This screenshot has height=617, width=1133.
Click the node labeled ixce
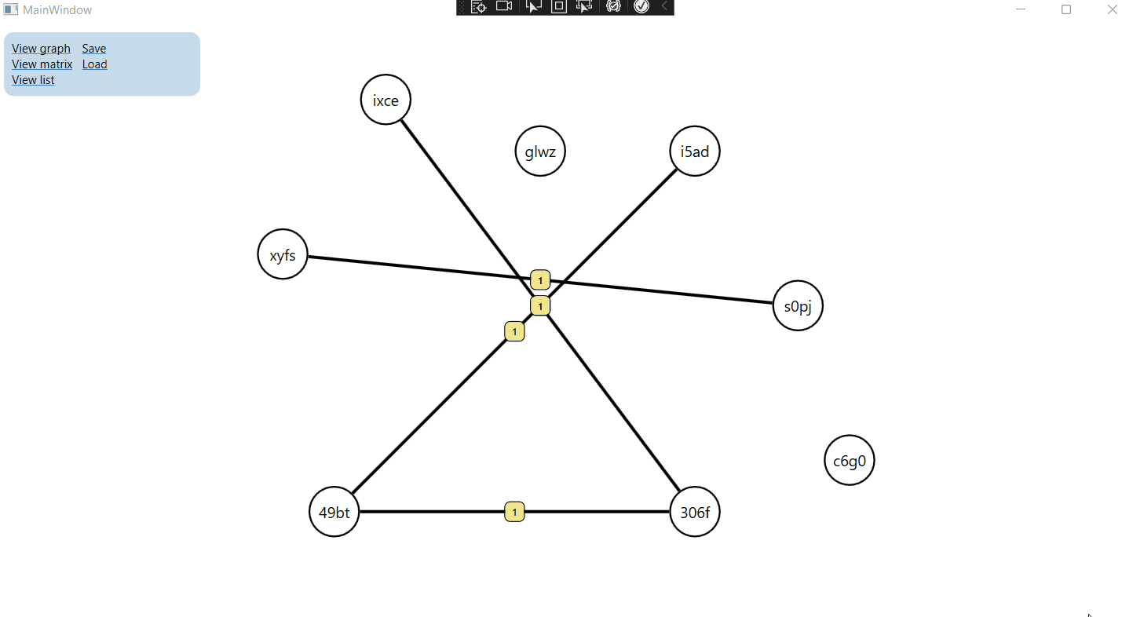(x=386, y=100)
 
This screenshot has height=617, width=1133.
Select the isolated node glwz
(x=540, y=152)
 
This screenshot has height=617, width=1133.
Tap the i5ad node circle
(x=695, y=152)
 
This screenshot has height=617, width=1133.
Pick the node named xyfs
(x=283, y=254)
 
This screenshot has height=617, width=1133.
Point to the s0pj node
(x=798, y=306)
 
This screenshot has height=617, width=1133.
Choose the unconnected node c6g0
(x=850, y=461)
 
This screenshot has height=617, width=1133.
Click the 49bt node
(x=334, y=513)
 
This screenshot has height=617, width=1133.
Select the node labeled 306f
(x=695, y=513)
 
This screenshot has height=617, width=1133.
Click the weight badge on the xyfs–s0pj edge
(x=540, y=280)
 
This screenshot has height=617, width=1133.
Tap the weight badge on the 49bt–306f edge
(x=514, y=513)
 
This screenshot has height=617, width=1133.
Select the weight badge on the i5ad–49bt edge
(x=514, y=332)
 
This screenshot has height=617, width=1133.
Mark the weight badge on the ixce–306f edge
(x=540, y=306)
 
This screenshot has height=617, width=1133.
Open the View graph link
(x=41, y=49)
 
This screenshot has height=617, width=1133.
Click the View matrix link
(x=42, y=64)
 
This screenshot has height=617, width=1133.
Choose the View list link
(x=33, y=80)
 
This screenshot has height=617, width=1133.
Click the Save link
(x=94, y=49)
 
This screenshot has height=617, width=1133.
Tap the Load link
(x=94, y=64)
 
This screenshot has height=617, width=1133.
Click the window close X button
(x=1112, y=9)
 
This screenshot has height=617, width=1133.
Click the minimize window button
(x=1021, y=9)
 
